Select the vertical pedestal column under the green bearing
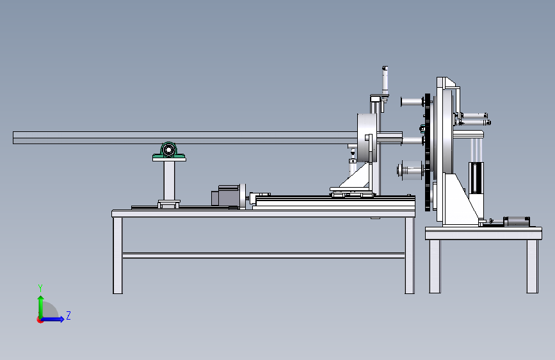(169, 181)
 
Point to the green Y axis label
(40, 288)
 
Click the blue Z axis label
(68, 315)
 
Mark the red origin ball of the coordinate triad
(40, 320)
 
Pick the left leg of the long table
(118, 256)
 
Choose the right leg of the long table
(410, 256)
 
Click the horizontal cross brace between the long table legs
(264, 255)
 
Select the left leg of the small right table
(435, 266)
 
